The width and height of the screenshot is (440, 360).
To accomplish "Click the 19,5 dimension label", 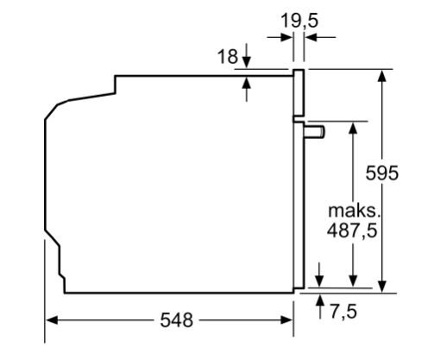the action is pyautogui.click(x=299, y=21).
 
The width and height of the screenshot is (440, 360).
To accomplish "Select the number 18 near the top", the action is pyautogui.click(x=228, y=56).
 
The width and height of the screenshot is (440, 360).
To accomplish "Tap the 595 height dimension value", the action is pyautogui.click(x=382, y=173).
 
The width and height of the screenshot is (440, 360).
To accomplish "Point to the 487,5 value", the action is pyautogui.click(x=352, y=231).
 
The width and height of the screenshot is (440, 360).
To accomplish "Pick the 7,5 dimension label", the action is pyautogui.click(x=343, y=311).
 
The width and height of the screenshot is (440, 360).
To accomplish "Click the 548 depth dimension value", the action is pyautogui.click(x=176, y=319).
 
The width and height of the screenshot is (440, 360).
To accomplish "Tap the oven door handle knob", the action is pyautogui.click(x=315, y=132).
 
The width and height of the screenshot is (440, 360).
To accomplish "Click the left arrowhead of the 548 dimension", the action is pyautogui.click(x=52, y=320).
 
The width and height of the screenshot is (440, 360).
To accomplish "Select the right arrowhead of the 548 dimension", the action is pyautogui.click(x=286, y=320).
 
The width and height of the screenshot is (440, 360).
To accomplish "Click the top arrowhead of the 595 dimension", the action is pyautogui.click(x=382, y=76).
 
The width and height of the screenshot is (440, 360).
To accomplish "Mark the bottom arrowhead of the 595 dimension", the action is pyautogui.click(x=382, y=287).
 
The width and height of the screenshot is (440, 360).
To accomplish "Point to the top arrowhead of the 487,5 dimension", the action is pyautogui.click(x=353, y=128).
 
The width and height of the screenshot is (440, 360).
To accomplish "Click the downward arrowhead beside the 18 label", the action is pyautogui.click(x=247, y=62).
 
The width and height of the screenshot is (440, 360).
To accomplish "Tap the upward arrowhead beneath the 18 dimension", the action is pyautogui.click(x=247, y=83).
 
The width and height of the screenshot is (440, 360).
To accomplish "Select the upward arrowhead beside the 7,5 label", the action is pyautogui.click(x=320, y=300).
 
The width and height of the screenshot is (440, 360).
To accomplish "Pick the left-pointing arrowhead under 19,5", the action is pyautogui.click(x=311, y=37).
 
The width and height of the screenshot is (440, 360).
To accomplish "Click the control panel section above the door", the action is pyautogui.click(x=299, y=92).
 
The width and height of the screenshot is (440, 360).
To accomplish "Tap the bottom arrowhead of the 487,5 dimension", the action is pyautogui.click(x=353, y=281).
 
